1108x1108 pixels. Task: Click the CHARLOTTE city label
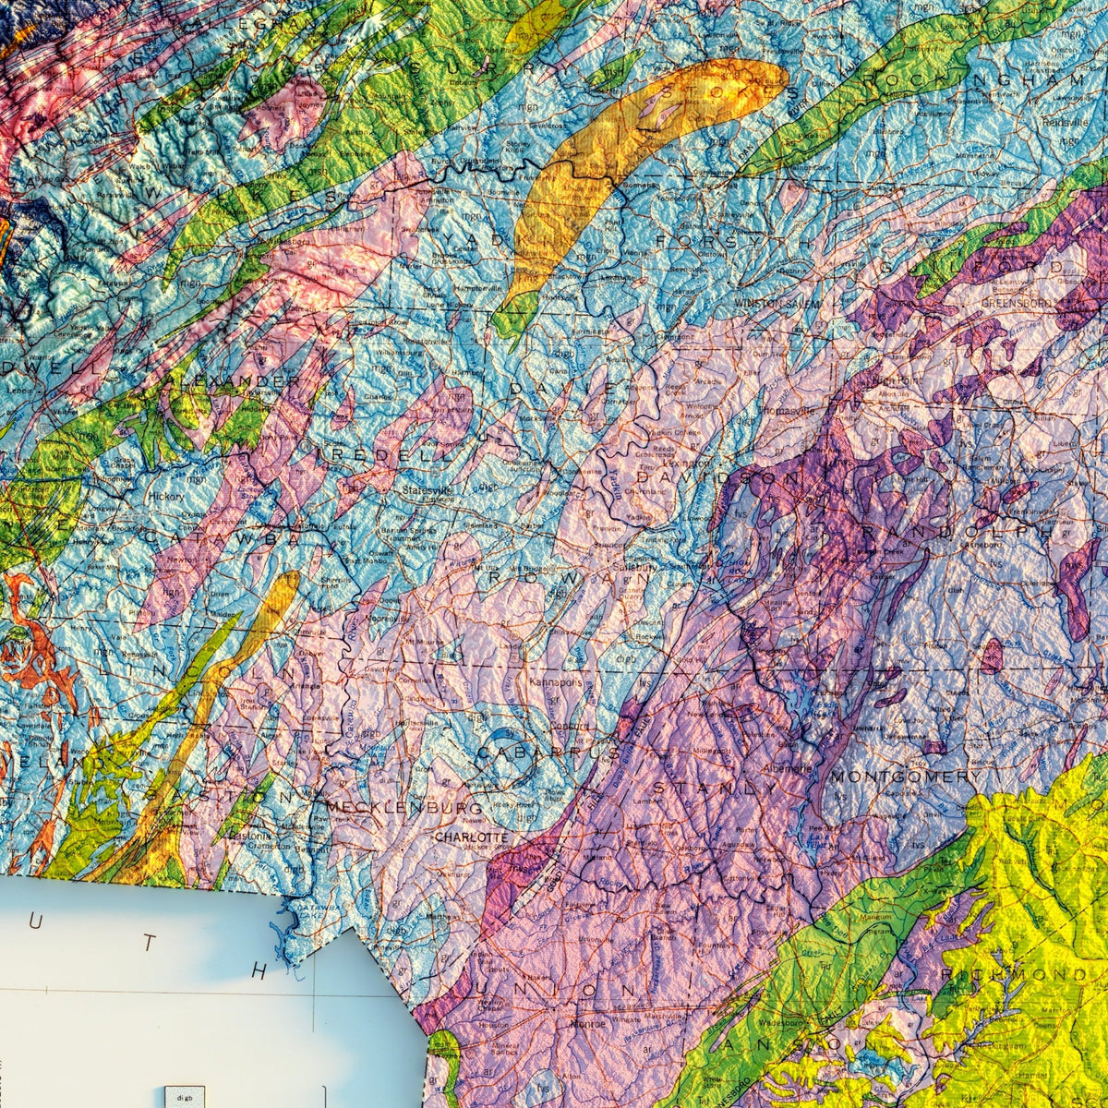click(x=472, y=837)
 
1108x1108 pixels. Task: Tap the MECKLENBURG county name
click(x=403, y=808)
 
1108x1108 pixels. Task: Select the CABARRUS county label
click(x=548, y=753)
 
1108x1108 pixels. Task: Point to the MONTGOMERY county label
click(x=902, y=777)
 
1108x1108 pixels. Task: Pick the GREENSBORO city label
click(x=1017, y=302)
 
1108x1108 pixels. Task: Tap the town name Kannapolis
click(x=556, y=682)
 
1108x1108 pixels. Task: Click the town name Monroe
click(x=588, y=1023)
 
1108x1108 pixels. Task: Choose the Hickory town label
click(x=165, y=496)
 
